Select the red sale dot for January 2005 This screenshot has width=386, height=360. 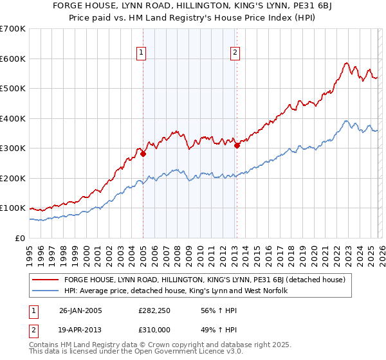click(x=143, y=154)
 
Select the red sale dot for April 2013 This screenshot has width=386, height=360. click(x=237, y=145)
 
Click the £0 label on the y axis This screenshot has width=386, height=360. click(x=19, y=238)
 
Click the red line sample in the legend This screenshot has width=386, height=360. click(x=45, y=280)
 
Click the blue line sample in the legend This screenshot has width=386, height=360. click(x=45, y=291)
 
